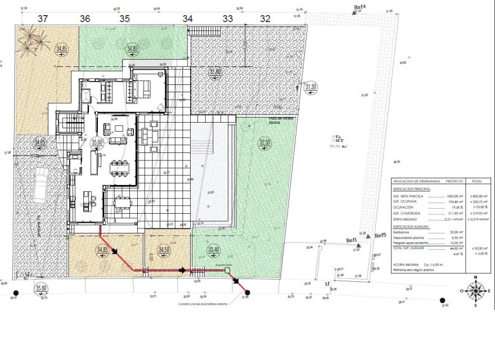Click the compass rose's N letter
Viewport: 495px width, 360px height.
click(x=476, y=277)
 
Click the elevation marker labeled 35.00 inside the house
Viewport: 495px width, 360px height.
click(x=97, y=143)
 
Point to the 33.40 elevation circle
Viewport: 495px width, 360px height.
click(x=214, y=249)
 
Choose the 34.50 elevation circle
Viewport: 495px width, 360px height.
click(x=164, y=249)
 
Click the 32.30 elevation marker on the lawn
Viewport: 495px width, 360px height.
click(x=264, y=143)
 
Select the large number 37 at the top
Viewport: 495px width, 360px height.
click(x=42, y=18)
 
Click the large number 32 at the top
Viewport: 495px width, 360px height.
click(x=265, y=18)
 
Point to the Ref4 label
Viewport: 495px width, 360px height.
click(x=359, y=7)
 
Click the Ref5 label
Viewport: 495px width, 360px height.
click(x=380, y=235)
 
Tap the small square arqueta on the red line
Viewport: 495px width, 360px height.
click(x=227, y=271)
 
